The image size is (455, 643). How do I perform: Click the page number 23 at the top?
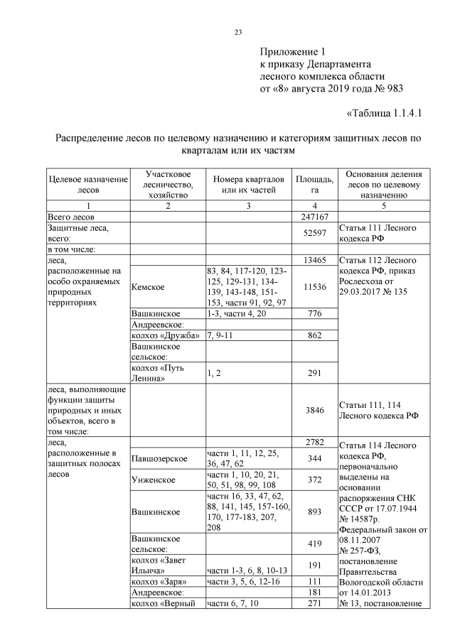click(238, 31)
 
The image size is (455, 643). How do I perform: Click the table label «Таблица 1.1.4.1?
click(385, 113)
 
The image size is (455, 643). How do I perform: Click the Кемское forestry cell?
click(149, 287)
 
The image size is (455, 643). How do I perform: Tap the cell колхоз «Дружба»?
click(166, 335)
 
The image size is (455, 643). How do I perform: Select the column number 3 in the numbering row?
click(248, 206)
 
